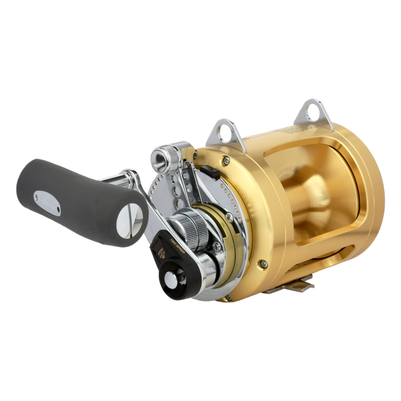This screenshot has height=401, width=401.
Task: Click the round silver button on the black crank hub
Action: click(170, 282)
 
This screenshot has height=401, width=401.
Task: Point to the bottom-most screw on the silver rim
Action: click(227, 297)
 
